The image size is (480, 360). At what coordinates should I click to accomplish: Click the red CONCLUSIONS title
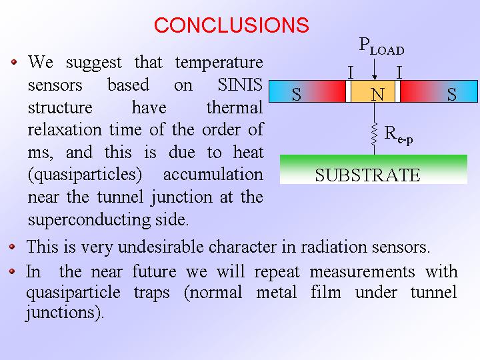[231, 25]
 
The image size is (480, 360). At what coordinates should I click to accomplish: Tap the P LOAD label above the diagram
[381, 47]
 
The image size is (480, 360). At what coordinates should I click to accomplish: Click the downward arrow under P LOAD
[375, 69]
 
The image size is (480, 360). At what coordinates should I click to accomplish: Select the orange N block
[373, 91]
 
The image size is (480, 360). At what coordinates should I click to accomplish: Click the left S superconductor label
[296, 94]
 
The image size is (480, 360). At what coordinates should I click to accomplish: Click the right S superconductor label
[452, 94]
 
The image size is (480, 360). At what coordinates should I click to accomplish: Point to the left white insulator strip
[349, 91]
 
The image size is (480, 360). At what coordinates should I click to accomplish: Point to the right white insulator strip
[397, 91]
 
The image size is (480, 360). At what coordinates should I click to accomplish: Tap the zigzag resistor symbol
[375, 134]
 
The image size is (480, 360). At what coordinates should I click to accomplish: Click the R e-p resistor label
[399, 135]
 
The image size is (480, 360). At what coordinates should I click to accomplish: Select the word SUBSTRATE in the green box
[367, 175]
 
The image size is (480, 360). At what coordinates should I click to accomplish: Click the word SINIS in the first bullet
[240, 85]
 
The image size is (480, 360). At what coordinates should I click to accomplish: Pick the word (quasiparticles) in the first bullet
[85, 175]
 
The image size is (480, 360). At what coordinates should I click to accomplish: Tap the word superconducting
[89, 220]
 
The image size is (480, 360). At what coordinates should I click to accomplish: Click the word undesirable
[161, 247]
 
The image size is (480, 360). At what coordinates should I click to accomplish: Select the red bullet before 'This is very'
[12, 247]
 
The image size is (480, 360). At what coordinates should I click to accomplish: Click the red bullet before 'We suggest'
[14, 62]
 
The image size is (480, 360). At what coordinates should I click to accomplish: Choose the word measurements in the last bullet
[362, 271]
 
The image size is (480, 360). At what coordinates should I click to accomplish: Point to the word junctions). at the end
[65, 313]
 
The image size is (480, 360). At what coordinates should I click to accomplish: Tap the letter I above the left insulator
[351, 73]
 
